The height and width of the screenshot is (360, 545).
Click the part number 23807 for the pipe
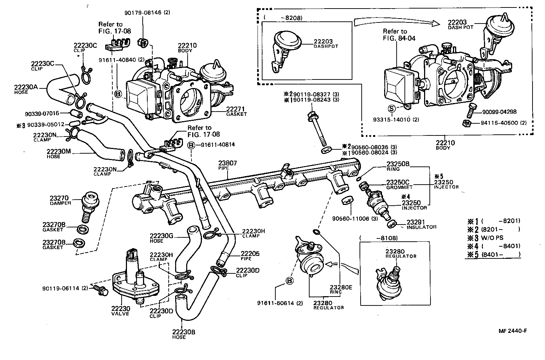tap(227, 163)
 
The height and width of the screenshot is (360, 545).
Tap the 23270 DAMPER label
tap(61, 200)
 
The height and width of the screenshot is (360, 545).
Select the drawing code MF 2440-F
tap(513, 330)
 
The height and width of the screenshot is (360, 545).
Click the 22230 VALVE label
tap(120, 310)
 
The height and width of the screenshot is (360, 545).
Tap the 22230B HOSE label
tap(183, 334)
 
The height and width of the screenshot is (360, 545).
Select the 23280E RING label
tap(341, 288)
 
